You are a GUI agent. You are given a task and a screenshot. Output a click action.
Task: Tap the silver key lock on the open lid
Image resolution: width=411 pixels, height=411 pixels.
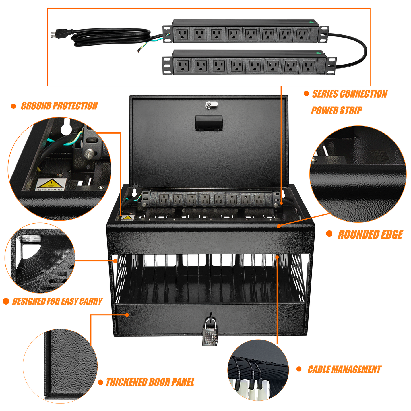pos(211,104)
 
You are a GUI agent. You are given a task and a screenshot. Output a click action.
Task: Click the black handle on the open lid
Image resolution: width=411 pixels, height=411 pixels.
pos(209,123)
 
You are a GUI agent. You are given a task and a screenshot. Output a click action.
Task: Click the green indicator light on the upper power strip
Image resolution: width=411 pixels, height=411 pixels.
pos(311,22)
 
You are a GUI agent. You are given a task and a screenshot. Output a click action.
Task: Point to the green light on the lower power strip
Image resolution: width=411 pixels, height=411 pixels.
pos(319,52)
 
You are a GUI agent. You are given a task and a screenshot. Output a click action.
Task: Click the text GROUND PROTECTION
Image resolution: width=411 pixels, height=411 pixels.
pos(59,106)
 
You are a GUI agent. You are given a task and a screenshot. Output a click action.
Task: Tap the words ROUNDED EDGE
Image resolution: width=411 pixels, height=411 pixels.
pos(370,235)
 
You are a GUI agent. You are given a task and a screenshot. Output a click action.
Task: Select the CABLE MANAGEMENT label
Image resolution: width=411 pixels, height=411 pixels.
pos(344,369)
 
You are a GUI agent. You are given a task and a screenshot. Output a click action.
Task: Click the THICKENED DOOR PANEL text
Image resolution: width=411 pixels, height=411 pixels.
pos(150,382)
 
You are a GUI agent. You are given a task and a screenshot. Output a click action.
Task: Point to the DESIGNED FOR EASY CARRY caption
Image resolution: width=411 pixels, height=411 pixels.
pos(57,301)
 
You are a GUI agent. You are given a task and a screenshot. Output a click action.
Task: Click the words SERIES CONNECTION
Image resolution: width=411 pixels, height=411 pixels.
pos(350,94)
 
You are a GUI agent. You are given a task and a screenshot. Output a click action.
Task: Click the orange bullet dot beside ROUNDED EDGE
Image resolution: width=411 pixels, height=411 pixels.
pos(329,234)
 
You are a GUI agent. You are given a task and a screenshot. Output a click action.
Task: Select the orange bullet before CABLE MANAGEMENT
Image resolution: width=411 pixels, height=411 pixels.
pos(299,369)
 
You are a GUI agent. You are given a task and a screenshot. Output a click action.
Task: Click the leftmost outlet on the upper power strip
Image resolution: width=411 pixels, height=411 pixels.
pos(182,35)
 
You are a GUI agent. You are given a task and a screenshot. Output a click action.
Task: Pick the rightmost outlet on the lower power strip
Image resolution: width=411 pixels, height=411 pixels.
pos(308,66)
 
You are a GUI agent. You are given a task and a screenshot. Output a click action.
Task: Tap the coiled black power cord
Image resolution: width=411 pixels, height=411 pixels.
pos(111,37)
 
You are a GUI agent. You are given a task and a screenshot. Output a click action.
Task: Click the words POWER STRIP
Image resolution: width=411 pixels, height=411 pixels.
pos(336,110)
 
